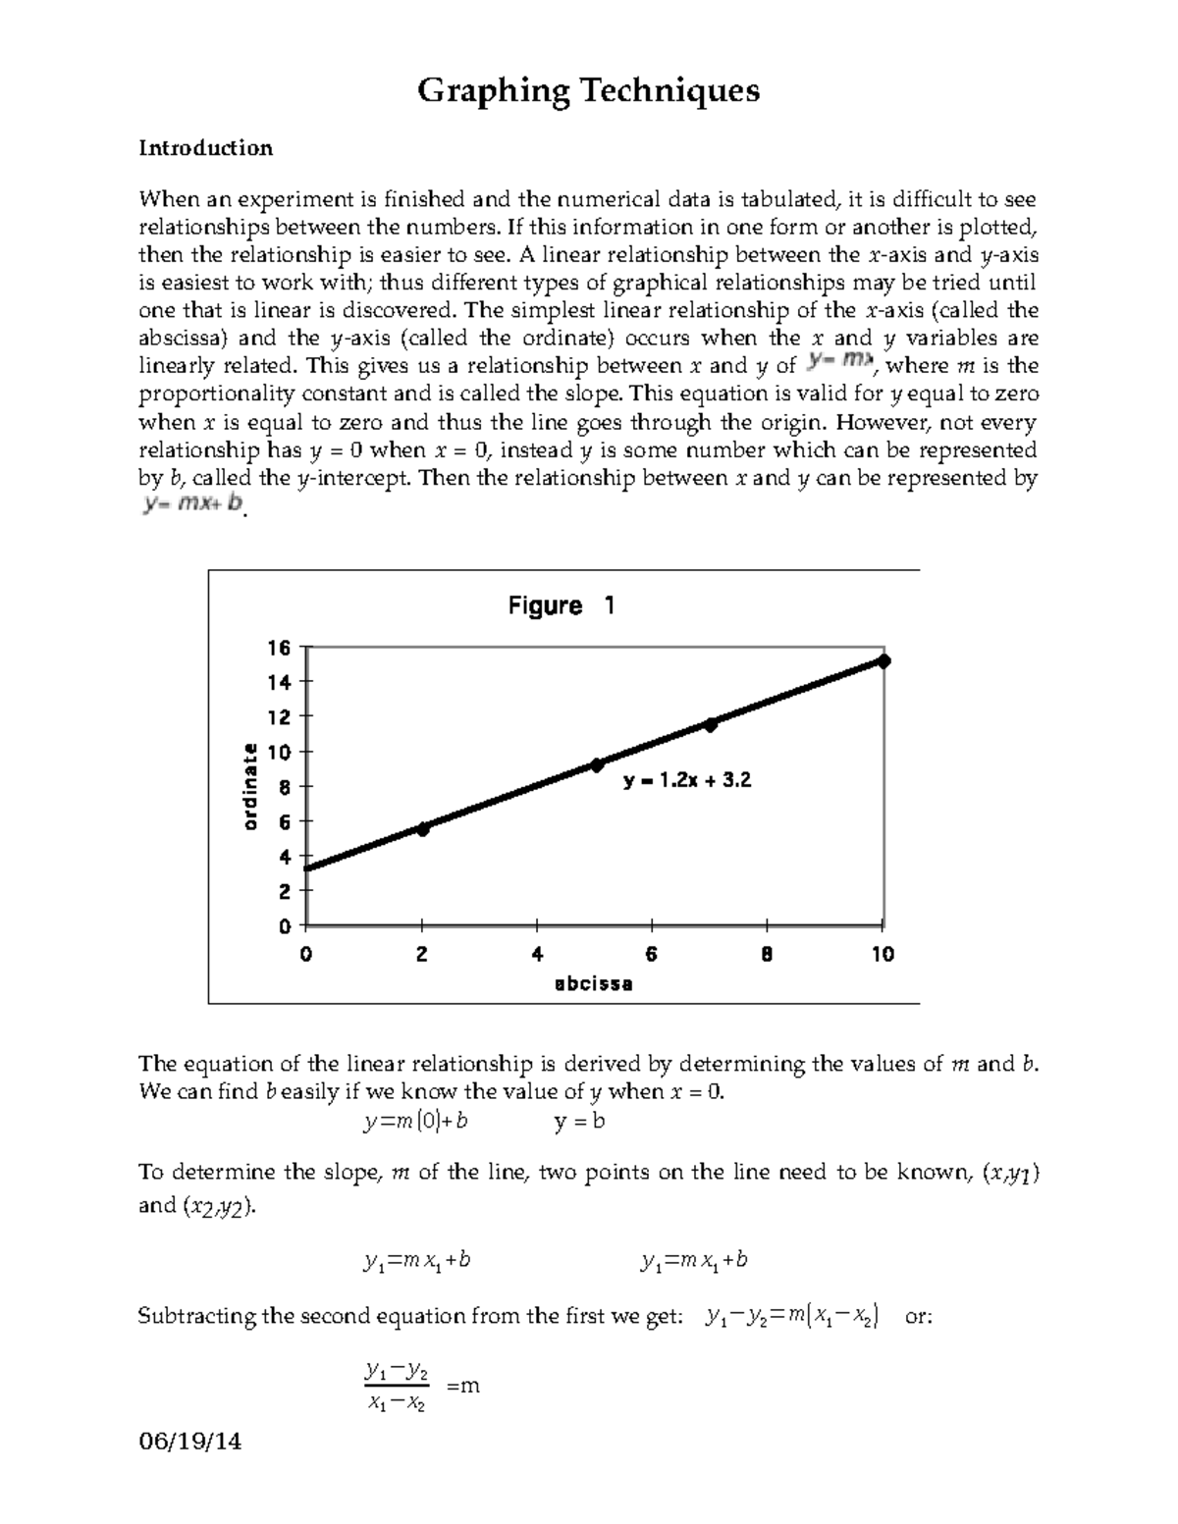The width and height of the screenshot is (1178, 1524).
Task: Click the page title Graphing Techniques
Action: pyautogui.click(x=588, y=91)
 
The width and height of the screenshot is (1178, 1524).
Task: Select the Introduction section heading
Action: pyautogui.click(x=205, y=148)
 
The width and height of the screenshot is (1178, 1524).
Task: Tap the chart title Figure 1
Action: pyautogui.click(x=561, y=605)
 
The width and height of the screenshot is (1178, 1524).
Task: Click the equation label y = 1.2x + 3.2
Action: pyautogui.click(x=687, y=781)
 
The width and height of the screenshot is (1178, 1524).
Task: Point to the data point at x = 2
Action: pyautogui.click(x=422, y=829)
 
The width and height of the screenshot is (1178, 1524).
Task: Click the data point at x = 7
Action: pyautogui.click(x=711, y=724)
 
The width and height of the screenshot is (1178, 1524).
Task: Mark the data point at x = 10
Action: pyautogui.click(x=883, y=661)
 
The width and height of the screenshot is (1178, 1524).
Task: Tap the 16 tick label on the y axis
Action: pyautogui.click(x=279, y=648)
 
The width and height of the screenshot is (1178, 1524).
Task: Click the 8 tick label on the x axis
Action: pyautogui.click(x=767, y=954)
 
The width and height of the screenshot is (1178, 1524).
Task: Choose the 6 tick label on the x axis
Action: pyautogui.click(x=652, y=954)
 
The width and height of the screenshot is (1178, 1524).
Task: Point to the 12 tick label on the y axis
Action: pyautogui.click(x=279, y=717)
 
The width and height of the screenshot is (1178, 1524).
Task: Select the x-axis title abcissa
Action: pyautogui.click(x=593, y=983)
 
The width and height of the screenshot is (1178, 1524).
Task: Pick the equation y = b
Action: pyautogui.click(x=579, y=1121)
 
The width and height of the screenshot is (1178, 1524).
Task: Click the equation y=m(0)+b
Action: pyautogui.click(x=414, y=1121)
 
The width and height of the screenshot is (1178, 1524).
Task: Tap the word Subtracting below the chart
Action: pyautogui.click(x=196, y=1316)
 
